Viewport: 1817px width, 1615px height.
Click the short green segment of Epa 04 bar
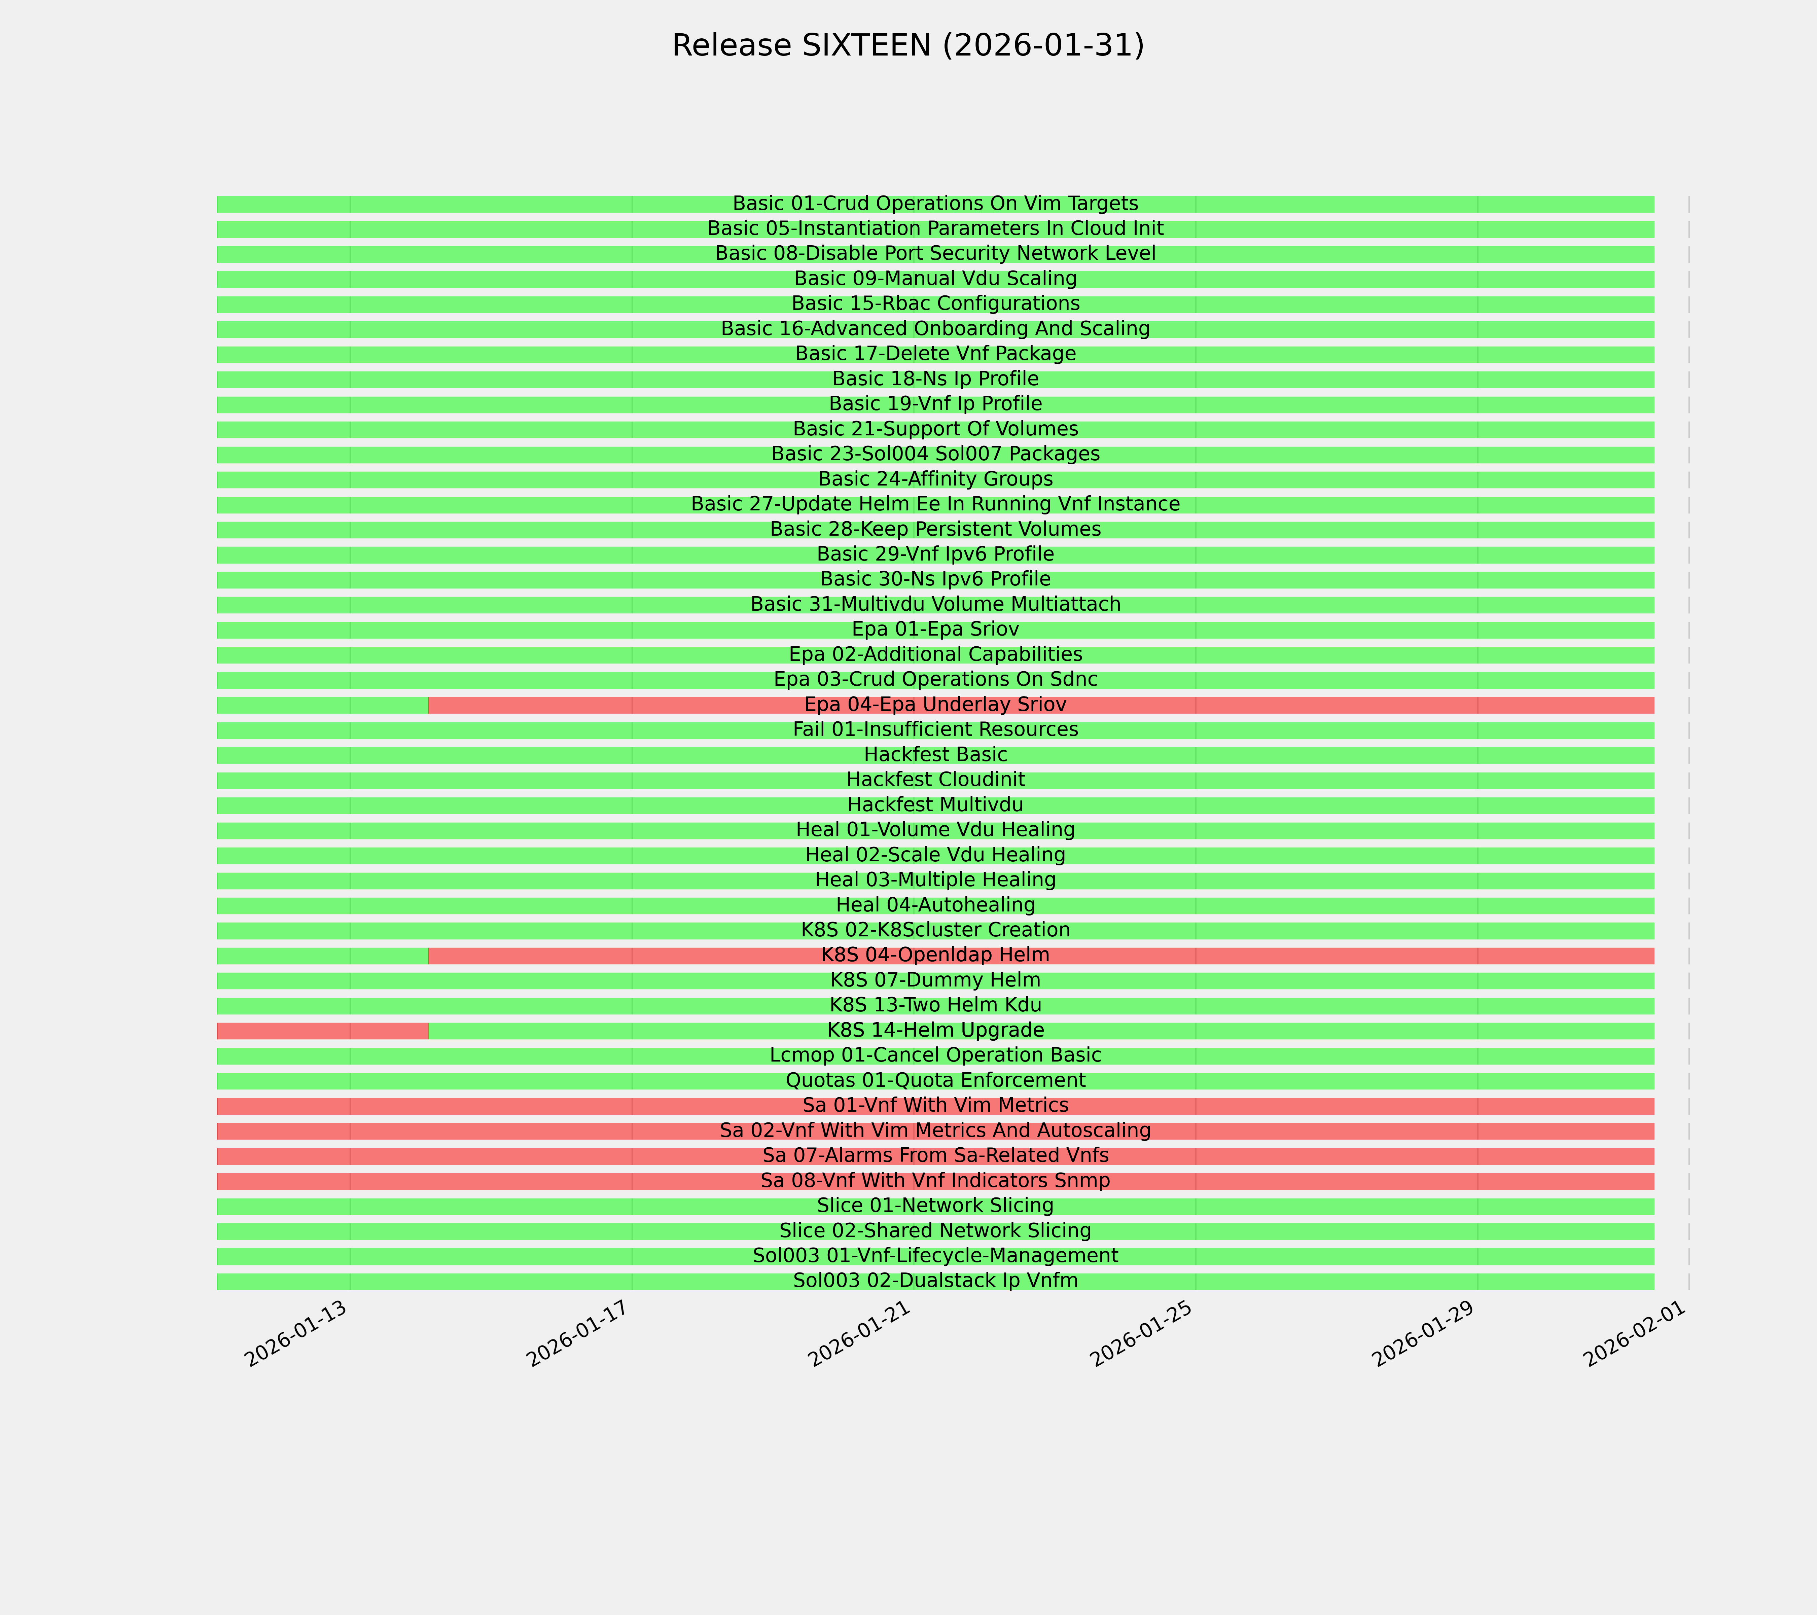[x=322, y=705]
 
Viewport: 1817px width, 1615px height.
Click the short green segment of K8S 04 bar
[x=322, y=956]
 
